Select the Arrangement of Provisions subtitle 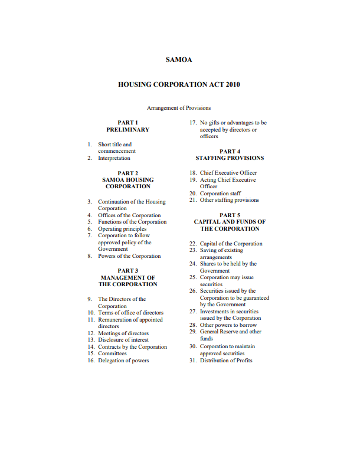[x=179, y=108]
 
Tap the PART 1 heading [x=127, y=123]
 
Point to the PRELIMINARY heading [x=127, y=129]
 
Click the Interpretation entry [x=114, y=158]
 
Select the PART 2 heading [x=127, y=173]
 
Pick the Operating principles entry [x=122, y=229]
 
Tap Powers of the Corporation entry [x=129, y=256]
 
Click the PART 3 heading [x=127, y=271]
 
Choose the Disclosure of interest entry [x=123, y=340]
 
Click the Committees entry [x=112, y=353]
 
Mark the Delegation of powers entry [x=123, y=361]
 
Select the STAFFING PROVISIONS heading [x=230, y=158]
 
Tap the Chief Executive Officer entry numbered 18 [x=228, y=173]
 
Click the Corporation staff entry [x=220, y=194]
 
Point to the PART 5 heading [x=230, y=215]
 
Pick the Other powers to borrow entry [x=228, y=325]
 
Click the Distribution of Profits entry [x=226, y=361]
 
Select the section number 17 [x=192, y=123]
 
